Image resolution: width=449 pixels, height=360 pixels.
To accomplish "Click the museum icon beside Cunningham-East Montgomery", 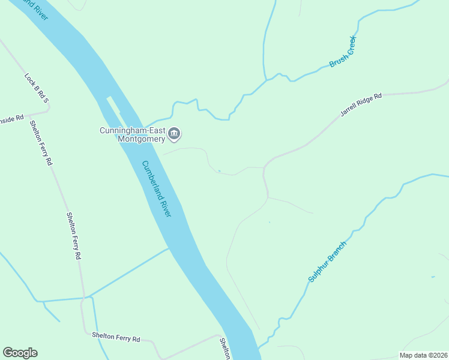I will [x=174, y=133].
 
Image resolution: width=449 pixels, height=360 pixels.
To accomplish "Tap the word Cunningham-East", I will [x=133, y=130].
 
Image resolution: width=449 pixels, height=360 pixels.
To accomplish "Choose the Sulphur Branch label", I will [x=327, y=262].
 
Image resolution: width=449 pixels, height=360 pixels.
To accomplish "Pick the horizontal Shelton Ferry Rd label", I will [x=116, y=338].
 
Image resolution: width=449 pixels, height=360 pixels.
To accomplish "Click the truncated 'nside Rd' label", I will [x=11, y=118].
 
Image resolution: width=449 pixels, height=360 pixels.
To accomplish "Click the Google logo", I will [x=20, y=353].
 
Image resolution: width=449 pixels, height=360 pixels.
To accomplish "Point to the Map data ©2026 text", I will [x=423, y=355].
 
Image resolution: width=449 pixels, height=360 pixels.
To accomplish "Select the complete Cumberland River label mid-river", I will [x=157, y=189].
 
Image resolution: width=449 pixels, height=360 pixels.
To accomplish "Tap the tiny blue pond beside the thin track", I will [x=219, y=172].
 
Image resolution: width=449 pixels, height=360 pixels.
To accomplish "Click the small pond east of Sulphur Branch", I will [x=433, y=277].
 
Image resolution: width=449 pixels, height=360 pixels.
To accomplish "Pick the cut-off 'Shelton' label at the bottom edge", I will [x=224, y=349].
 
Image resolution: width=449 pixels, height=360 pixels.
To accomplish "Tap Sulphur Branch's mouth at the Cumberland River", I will [x=259, y=347].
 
